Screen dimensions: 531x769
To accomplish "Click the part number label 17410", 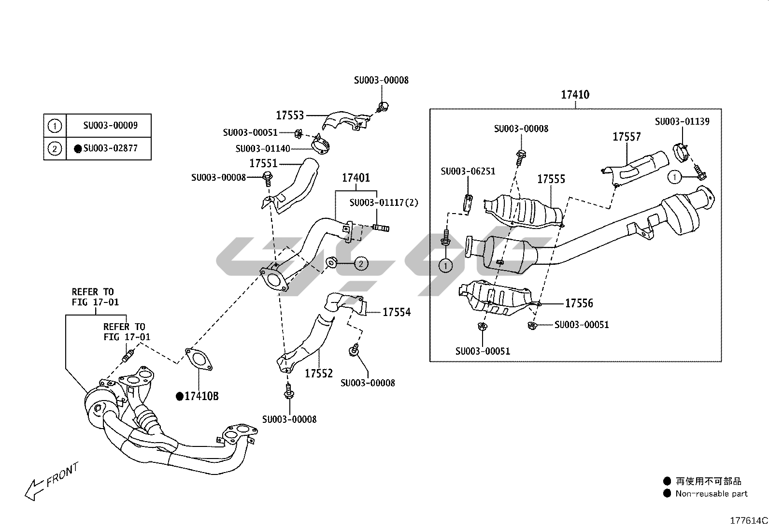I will (575, 95).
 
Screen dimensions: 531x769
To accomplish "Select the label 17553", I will (290, 115).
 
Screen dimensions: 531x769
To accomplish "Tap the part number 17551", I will (263, 163).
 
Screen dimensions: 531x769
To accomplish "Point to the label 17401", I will (356, 178).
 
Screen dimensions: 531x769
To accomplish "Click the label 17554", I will (397, 313).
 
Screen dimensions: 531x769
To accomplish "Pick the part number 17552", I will (319, 373).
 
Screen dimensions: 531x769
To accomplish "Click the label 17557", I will (627, 137).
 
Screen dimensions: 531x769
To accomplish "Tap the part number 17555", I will (551, 180).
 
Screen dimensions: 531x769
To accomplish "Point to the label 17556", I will (579, 303).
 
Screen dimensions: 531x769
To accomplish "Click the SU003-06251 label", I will (468, 171).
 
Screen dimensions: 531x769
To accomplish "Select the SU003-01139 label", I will (682, 121).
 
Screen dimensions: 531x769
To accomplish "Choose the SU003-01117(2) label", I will (384, 202).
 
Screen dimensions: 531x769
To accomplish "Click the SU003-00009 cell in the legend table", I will (110, 126).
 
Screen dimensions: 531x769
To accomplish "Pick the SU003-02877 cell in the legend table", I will (110, 148).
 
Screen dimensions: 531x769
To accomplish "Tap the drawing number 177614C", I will (748, 521).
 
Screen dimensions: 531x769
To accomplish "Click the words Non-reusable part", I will (711, 494).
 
